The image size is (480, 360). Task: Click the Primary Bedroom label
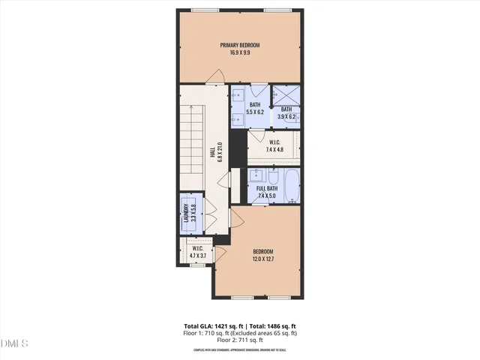(240, 46)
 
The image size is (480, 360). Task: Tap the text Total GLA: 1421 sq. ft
(214, 325)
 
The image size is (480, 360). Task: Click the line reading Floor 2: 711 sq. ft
(240, 339)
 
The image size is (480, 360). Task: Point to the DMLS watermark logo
(14, 343)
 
